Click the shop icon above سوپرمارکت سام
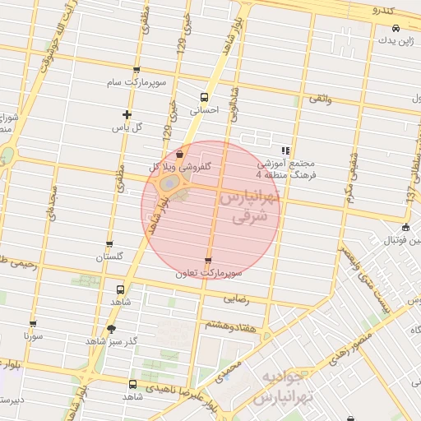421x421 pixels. pos(136,70)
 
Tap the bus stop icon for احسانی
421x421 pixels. pos(205,97)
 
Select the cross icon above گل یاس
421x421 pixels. pos(127,114)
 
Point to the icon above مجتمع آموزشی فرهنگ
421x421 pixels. pos(285,150)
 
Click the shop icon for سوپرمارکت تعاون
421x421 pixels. pos(208,261)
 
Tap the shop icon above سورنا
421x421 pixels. pos(33,324)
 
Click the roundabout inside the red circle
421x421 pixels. pos(168,186)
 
